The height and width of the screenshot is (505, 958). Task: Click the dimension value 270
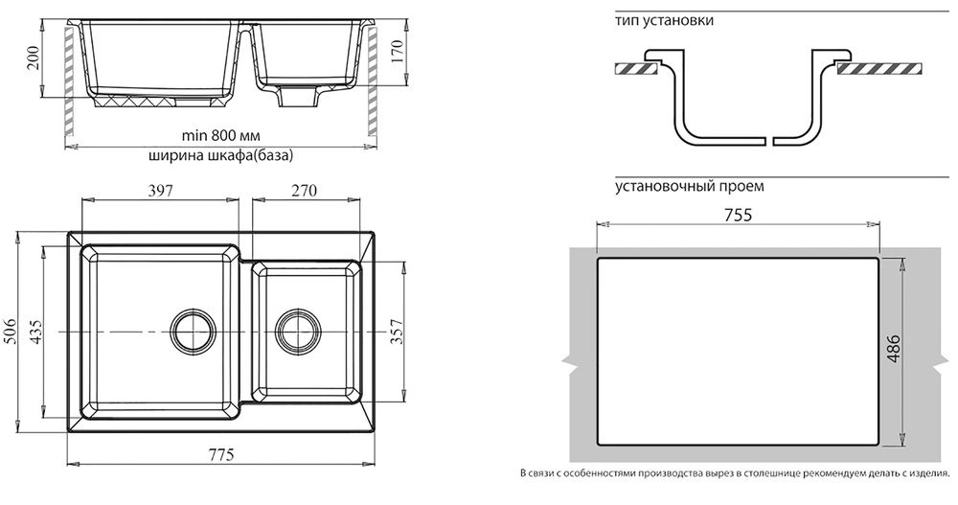303,191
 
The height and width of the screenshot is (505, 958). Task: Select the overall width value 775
220,455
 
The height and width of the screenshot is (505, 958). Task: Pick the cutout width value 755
737,215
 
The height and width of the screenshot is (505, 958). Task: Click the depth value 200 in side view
33,59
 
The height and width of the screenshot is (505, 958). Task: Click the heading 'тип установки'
666,20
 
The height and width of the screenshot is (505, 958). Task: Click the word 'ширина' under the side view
174,155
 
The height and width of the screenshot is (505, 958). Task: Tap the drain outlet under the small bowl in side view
300,99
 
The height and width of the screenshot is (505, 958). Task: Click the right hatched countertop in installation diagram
878,69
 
